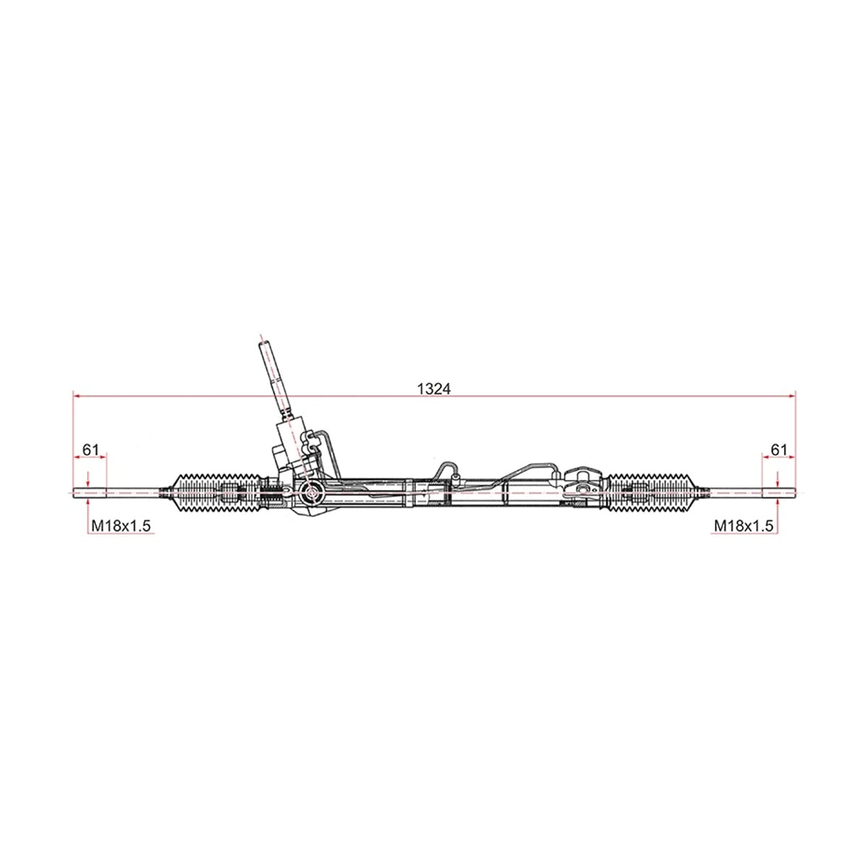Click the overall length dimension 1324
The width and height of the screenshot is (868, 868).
coord(433,388)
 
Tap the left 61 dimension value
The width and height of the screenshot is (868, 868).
coord(90,449)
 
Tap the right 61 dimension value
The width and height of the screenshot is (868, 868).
coord(779,449)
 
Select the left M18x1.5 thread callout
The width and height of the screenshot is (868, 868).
coord(121,526)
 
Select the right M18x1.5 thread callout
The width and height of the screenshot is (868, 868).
coord(744,526)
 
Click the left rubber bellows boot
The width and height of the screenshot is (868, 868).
coord(216,493)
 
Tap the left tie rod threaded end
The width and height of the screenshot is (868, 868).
coord(90,493)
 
